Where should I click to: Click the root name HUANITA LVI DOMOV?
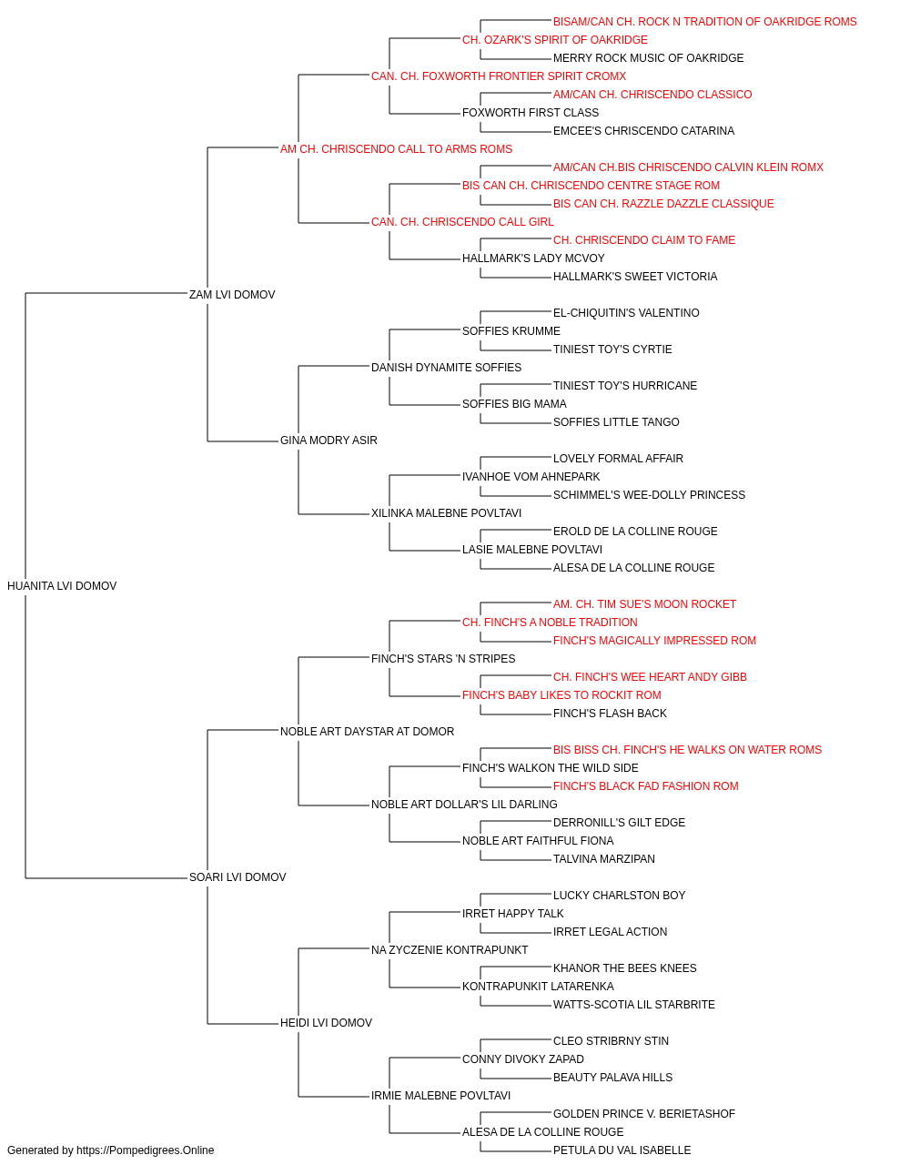click(62, 585)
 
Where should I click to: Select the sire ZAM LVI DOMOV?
click(232, 294)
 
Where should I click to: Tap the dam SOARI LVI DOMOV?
click(238, 877)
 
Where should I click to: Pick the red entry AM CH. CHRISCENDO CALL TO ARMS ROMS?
click(396, 149)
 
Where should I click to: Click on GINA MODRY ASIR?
click(329, 441)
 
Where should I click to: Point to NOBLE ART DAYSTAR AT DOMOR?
click(367, 731)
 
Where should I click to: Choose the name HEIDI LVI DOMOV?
click(326, 1022)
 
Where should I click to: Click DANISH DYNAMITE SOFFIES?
click(447, 367)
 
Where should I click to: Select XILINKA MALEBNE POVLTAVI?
click(447, 513)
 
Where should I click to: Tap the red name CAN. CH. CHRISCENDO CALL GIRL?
click(462, 222)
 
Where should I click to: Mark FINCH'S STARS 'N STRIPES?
click(443, 658)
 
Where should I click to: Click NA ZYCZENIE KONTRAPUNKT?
click(450, 950)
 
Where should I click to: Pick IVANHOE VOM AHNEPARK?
click(531, 477)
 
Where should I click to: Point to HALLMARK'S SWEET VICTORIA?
click(635, 276)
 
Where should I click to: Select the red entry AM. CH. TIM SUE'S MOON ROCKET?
click(644, 604)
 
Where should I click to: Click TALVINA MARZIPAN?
click(604, 859)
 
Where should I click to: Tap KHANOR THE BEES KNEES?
click(625, 968)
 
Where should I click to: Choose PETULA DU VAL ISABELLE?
click(622, 1150)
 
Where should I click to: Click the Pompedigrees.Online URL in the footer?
click(146, 1150)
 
